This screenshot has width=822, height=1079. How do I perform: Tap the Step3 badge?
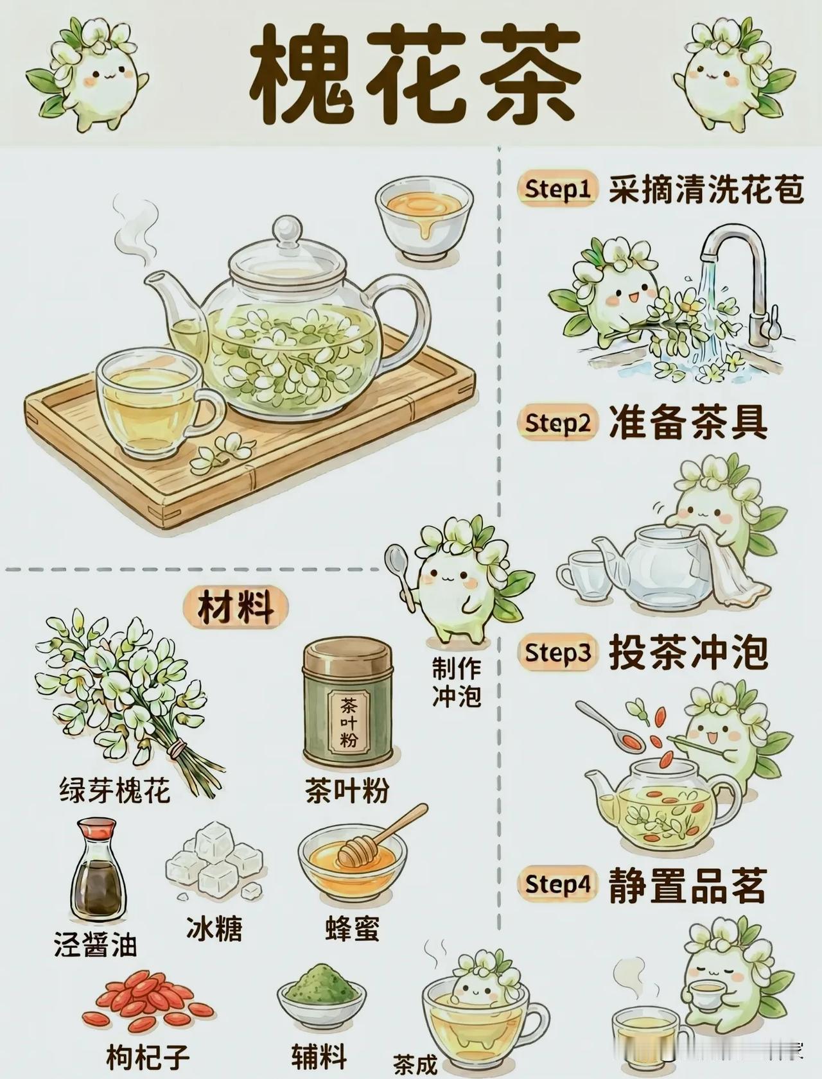click(557, 653)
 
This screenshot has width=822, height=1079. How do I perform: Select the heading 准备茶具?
click(688, 423)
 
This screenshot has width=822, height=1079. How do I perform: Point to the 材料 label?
click(235, 607)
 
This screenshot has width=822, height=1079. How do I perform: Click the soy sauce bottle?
click(98, 870)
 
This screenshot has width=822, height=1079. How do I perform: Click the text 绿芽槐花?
click(116, 790)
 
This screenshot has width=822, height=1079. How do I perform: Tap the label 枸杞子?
click(148, 1057)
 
